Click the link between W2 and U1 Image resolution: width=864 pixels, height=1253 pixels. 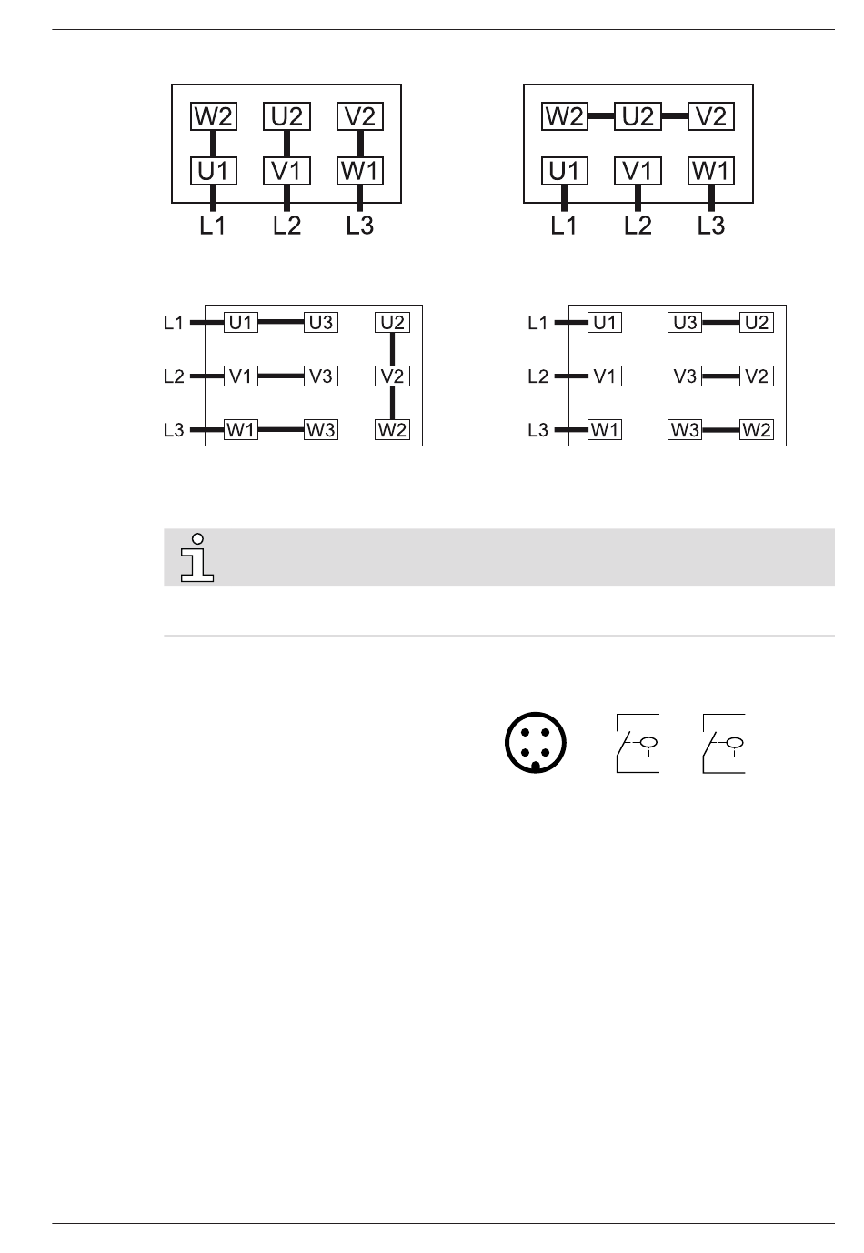(x=213, y=143)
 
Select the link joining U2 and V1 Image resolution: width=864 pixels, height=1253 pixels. (x=286, y=143)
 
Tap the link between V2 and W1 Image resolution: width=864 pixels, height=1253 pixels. (x=360, y=143)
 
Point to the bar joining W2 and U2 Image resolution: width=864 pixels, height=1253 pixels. (x=601, y=115)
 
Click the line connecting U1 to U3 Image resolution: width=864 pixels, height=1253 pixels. (x=281, y=322)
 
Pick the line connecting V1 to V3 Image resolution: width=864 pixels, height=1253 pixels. (x=281, y=376)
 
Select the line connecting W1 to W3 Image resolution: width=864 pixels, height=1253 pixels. (x=281, y=429)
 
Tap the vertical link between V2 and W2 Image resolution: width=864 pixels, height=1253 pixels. (x=392, y=403)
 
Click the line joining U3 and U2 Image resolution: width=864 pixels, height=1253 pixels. (x=720, y=322)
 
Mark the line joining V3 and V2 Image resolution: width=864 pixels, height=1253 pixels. (x=720, y=376)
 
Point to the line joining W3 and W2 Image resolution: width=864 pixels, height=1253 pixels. (x=720, y=429)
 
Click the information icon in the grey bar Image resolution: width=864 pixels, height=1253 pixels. (x=197, y=557)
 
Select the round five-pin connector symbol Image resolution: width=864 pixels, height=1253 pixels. (x=535, y=742)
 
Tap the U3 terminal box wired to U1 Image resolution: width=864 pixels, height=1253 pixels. (x=321, y=322)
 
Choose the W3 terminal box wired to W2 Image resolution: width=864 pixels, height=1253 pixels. (x=684, y=429)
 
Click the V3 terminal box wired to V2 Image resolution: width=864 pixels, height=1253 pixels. (x=684, y=376)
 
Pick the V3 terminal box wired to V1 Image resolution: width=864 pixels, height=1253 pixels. (x=321, y=376)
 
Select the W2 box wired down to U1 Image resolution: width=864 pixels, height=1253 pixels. (x=213, y=116)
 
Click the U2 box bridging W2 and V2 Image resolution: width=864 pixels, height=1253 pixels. (x=638, y=116)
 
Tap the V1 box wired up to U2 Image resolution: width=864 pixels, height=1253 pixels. (x=286, y=171)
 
